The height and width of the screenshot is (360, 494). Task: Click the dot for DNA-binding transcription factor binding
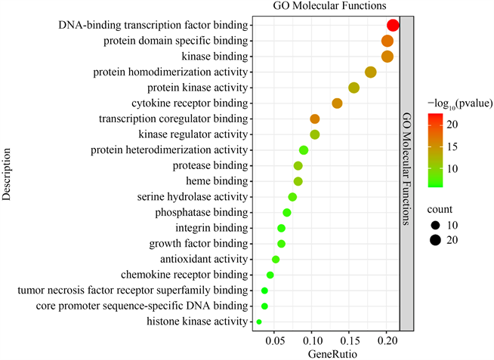(x=393, y=26)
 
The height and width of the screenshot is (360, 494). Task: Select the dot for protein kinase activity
(x=354, y=88)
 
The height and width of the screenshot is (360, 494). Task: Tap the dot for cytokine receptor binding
(x=337, y=103)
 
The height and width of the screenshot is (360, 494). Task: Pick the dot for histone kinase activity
(x=259, y=322)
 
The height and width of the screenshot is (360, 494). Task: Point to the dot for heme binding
(x=298, y=181)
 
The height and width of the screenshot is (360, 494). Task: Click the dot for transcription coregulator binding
(x=315, y=118)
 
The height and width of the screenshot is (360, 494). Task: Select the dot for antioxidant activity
(x=276, y=260)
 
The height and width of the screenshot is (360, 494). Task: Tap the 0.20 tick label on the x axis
(x=387, y=341)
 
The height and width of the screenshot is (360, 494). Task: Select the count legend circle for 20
(x=437, y=240)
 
